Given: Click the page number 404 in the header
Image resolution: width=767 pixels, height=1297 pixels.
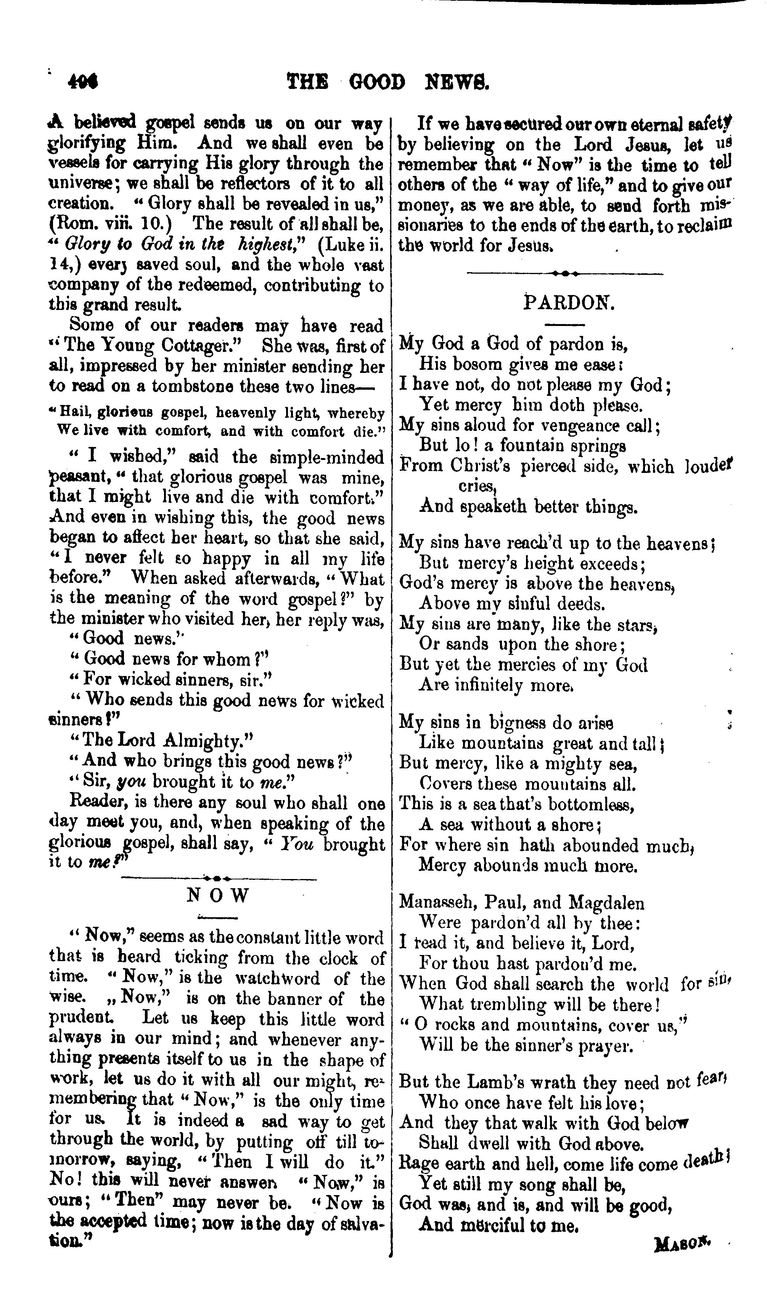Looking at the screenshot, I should pos(83,81).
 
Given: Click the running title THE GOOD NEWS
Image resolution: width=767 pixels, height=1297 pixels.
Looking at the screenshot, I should pos(387,82).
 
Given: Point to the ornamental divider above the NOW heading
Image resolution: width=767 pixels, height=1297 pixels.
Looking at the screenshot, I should pos(218,878).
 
